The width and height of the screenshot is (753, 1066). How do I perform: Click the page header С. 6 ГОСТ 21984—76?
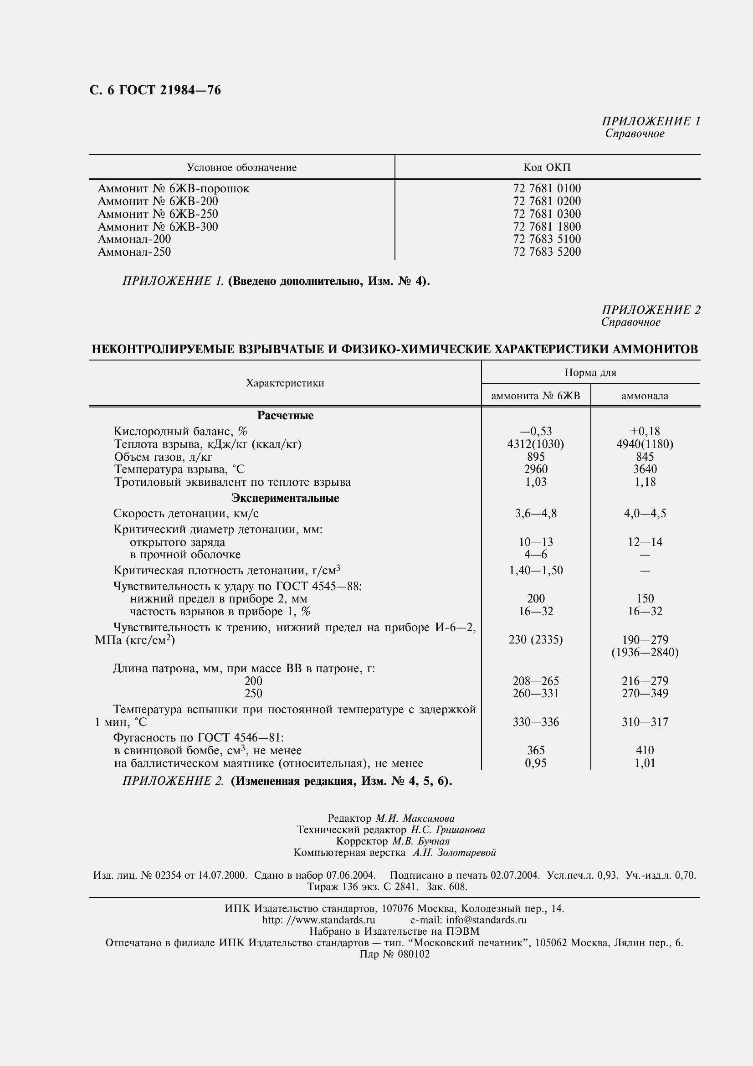coord(155,90)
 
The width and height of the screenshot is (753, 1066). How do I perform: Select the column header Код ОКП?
coord(547,168)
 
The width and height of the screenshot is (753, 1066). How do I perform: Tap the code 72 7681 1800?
coord(547,227)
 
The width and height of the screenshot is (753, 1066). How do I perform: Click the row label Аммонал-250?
coord(134,252)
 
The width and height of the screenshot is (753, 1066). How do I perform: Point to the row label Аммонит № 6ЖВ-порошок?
coord(174,189)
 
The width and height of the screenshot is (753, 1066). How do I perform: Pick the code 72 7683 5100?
coord(547,239)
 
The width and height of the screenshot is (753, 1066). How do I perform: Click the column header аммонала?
coord(645,396)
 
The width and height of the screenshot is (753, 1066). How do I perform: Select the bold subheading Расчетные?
coord(285,416)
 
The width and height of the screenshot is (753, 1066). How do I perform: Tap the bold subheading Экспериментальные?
coord(285,498)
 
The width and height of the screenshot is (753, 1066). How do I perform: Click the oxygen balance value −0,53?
coord(535,431)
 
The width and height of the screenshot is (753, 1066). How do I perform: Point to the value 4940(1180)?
coord(645,444)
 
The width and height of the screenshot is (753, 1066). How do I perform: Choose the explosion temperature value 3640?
coord(645,469)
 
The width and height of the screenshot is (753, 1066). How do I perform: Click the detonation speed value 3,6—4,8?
coord(535,514)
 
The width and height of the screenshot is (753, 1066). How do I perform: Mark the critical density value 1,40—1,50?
coord(535,570)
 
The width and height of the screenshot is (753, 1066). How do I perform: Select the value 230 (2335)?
coord(535,640)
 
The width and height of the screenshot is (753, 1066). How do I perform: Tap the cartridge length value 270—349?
coord(645,693)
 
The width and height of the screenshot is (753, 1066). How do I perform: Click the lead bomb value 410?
coord(645,750)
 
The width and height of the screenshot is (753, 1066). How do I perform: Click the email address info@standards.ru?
coord(486,920)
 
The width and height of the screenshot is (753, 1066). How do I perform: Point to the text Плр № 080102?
coord(394,954)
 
